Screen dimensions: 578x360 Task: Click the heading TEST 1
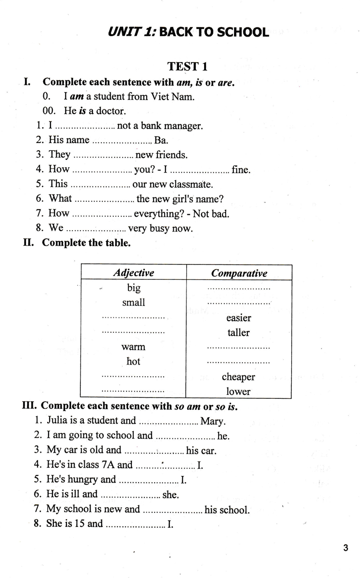pyautogui.click(x=187, y=66)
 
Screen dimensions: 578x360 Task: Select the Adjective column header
pyautogui.click(x=133, y=273)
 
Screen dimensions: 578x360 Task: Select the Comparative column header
pyautogui.click(x=239, y=273)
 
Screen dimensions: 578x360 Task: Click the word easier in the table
pyautogui.click(x=238, y=318)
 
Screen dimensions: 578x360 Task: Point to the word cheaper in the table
pyautogui.click(x=238, y=377)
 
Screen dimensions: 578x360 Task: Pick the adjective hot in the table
pyautogui.click(x=133, y=361)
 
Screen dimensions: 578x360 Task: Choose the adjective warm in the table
pyautogui.click(x=133, y=347)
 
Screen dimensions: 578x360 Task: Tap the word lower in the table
pyautogui.click(x=238, y=392)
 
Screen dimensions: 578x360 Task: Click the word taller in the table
pyautogui.click(x=238, y=333)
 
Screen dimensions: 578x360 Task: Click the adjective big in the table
pyautogui.click(x=133, y=288)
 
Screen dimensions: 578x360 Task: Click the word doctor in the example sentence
pyautogui.click(x=111, y=111)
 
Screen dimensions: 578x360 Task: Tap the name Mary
pyautogui.click(x=212, y=421)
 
